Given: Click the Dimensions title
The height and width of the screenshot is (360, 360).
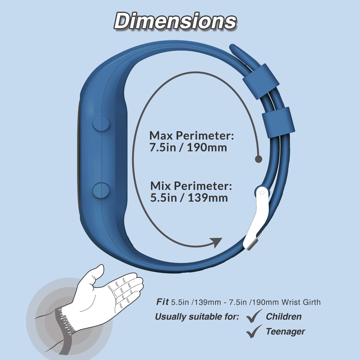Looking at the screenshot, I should coord(175,21).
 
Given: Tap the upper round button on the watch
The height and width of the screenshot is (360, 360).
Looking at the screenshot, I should coord(100,123).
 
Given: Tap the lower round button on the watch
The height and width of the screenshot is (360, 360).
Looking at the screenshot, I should coord(100,190).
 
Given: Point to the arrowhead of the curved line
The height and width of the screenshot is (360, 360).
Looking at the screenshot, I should coord(216,242).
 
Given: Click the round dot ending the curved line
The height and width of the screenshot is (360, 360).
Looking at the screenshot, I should coord(258,159).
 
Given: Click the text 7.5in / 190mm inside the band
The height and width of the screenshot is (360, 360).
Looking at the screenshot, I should coord(188,148).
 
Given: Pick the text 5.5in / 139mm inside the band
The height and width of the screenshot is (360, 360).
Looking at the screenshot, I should coord(189,198).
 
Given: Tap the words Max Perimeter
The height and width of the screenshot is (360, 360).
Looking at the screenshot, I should coord(191,135).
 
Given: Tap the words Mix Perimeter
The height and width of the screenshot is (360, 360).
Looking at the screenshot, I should coord(191,186).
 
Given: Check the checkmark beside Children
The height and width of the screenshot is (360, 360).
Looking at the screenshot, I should coord(253,316).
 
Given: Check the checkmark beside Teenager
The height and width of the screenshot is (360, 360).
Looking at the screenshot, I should coord(253,331).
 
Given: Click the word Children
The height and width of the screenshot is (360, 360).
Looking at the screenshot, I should coord(283,316).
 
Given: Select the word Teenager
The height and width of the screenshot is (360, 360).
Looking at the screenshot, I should coord(285,331).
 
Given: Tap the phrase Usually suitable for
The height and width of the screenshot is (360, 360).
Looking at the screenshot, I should coord(197,316).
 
